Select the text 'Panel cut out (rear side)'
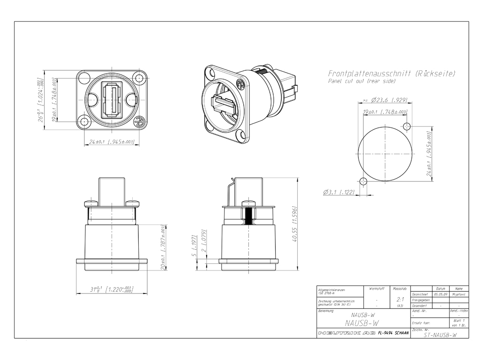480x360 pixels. click(361, 81)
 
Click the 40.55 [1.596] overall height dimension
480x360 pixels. click(294, 224)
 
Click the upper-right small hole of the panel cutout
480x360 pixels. click(407, 127)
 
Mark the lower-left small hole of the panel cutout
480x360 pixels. click(364, 181)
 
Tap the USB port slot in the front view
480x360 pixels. click(112, 100)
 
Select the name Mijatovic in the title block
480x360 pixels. click(458, 295)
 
